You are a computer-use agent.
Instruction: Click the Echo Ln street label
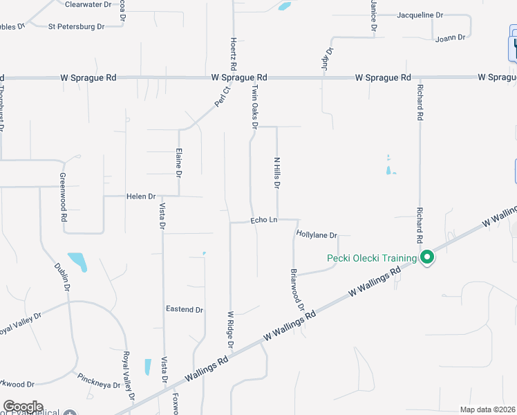263,220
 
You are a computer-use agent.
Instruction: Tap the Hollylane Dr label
316,235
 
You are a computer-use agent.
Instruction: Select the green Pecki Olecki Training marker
427,258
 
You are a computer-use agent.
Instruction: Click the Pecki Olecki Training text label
372,259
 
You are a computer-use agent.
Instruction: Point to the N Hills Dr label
276,174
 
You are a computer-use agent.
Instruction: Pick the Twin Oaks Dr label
254,107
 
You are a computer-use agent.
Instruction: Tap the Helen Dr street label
141,196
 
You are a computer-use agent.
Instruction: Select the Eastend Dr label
185,309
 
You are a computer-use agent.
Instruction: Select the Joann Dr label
451,39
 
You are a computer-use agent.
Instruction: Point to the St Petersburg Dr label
76,27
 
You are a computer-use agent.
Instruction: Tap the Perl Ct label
221,98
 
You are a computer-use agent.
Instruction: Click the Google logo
23,407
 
